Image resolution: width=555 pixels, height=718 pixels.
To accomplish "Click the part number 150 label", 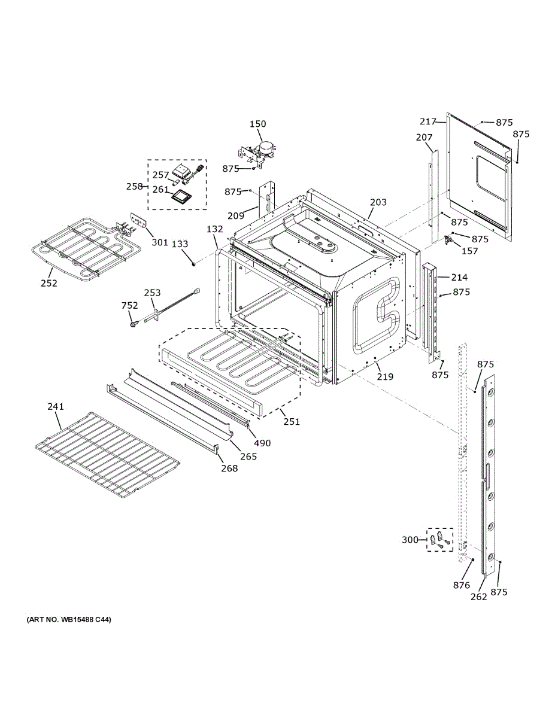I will point(257,124).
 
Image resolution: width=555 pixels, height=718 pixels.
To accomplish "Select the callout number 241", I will point(55,407).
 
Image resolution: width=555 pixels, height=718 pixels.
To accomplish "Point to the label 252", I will point(49,283).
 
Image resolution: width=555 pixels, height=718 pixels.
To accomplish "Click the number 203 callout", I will point(378,202).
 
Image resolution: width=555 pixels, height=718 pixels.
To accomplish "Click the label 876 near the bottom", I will point(462,585).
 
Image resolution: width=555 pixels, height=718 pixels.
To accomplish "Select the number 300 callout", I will point(410,540).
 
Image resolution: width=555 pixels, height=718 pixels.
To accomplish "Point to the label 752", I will point(130,305).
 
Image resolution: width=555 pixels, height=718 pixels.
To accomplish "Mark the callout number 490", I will point(262,443).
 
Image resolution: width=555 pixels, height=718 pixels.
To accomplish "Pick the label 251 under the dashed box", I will point(292,422).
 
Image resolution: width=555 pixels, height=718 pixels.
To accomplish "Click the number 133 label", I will point(180,244).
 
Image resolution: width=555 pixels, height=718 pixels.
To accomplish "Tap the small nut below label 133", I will point(193,263).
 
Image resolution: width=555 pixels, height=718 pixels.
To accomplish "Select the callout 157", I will point(470,251).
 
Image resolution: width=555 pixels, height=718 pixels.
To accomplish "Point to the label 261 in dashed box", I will point(160,189).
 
